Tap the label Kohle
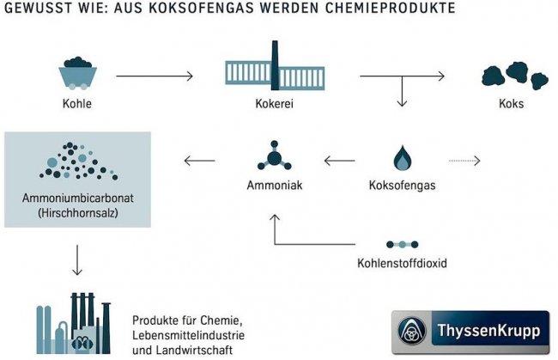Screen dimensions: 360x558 (77, 107)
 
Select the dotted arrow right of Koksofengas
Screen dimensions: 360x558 (464, 160)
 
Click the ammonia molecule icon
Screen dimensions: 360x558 (274, 158)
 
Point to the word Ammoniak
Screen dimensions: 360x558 (274, 184)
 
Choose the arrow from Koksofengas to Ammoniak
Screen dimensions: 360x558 (338, 160)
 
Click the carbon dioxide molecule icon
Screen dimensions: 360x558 (403, 244)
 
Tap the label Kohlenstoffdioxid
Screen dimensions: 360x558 (403, 262)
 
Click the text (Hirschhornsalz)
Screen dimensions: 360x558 (77, 212)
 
